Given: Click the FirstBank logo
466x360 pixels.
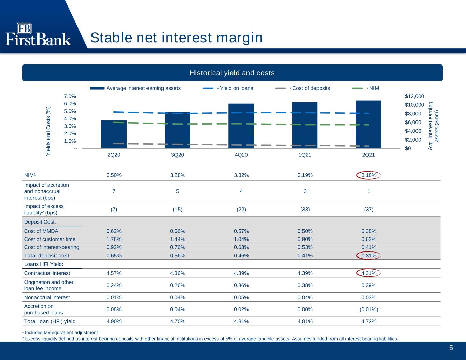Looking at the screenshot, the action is click(x=38, y=34).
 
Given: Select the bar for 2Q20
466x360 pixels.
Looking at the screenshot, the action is click(x=114, y=134).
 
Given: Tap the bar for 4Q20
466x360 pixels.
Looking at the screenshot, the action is click(x=241, y=126).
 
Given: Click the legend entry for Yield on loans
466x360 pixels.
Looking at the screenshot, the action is click(x=228, y=88).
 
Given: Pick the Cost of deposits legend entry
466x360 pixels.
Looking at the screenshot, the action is click(x=302, y=88).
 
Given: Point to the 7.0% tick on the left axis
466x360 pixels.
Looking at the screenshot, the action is click(x=70, y=96).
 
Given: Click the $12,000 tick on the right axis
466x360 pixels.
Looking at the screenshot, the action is click(x=414, y=96).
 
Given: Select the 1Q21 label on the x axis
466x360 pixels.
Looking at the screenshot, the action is click(x=305, y=155).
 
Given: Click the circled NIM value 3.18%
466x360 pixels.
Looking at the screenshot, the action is click(x=369, y=175).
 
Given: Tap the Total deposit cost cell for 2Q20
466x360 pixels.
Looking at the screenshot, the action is click(x=114, y=256).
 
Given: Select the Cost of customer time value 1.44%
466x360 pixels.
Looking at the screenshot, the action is click(x=178, y=239).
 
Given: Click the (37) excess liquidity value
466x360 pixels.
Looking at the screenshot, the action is click(x=369, y=210).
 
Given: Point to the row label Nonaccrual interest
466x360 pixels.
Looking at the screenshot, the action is click(x=47, y=297).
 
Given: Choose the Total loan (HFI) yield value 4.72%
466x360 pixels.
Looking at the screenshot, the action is click(x=369, y=321).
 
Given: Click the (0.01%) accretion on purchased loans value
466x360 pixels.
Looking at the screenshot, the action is click(x=369, y=309).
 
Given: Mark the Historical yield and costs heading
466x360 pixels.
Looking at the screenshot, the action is click(x=232, y=73).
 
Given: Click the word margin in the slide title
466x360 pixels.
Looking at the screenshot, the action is click(x=240, y=38).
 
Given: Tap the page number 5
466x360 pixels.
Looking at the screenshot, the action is click(x=451, y=348).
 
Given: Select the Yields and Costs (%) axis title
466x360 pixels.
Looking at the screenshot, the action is click(x=48, y=131).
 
